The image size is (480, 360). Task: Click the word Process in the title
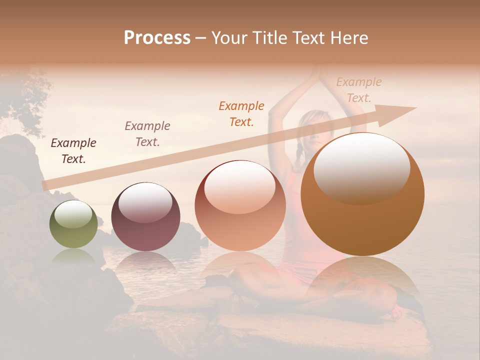coord(157,38)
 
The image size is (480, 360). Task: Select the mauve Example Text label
coord(147,134)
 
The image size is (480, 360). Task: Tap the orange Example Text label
coord(241,113)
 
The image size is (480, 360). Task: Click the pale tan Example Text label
coord(359,89)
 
